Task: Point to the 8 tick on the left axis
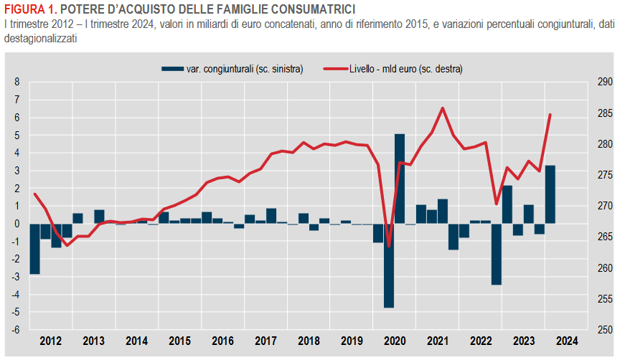[18, 82]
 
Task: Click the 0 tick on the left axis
[18, 224]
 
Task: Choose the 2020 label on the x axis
[394, 341]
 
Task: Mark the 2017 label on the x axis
[266, 341]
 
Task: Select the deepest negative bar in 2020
[389, 265]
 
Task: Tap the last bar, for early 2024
[550, 194]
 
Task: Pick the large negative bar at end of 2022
[496, 254]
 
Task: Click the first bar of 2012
[34, 248]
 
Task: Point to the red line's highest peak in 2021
[443, 108]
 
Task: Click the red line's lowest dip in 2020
[389, 246]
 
